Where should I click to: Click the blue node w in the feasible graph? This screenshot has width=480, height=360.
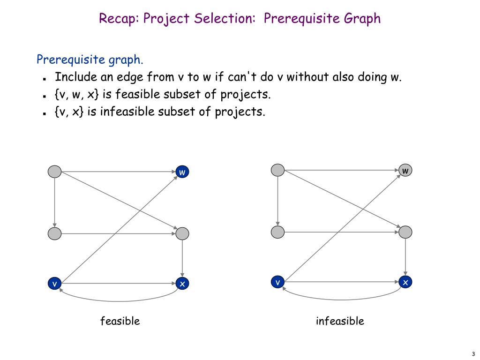pyautogui.click(x=182, y=172)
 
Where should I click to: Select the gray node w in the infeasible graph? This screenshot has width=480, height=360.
pyautogui.click(x=405, y=171)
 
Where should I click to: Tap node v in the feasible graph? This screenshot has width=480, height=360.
pyautogui.click(x=55, y=284)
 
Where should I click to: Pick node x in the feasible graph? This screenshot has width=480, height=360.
pyautogui.click(x=182, y=284)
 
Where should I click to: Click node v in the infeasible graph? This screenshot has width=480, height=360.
pyautogui.click(x=278, y=282)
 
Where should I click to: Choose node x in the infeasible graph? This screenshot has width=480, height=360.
pyautogui.click(x=405, y=282)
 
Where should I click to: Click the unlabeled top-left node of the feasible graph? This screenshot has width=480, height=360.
pyautogui.click(x=55, y=172)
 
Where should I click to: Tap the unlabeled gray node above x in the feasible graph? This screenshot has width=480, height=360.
pyautogui.click(x=182, y=233)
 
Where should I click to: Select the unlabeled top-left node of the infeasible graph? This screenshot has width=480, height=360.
pyautogui.click(x=278, y=170)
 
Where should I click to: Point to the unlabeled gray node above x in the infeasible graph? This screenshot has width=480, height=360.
pyautogui.click(x=405, y=232)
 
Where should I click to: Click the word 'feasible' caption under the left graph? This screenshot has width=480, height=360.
pyautogui.click(x=120, y=321)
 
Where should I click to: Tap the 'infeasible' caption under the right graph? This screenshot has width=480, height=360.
pyautogui.click(x=340, y=321)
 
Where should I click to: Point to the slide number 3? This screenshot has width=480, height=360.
pyautogui.click(x=473, y=354)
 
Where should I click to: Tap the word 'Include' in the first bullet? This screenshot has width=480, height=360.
pyautogui.click(x=75, y=77)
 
